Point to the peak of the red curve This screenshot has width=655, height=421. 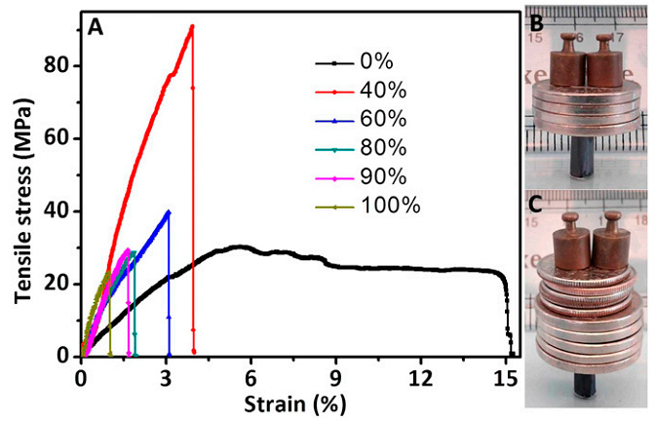(x=192, y=26)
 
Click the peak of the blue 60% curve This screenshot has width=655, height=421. (x=169, y=211)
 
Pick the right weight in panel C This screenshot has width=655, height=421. (x=608, y=240)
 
